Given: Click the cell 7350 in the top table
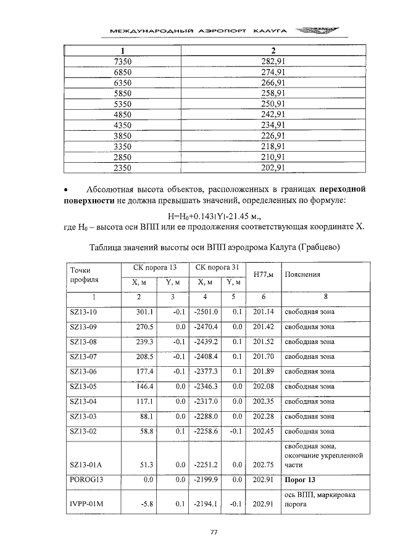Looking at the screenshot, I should pos(123,62).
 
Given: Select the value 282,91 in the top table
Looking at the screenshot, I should pos(272,62).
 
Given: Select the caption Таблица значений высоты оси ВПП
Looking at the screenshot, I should pos(215,247).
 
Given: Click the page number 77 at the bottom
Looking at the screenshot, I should pos(215,533).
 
